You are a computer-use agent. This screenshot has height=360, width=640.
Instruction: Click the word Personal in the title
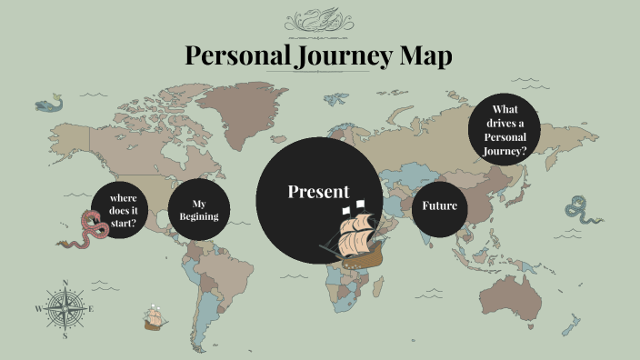(237, 55)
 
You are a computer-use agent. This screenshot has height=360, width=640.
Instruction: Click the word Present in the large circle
(318, 192)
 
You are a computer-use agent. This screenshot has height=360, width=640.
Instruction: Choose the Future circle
(440, 205)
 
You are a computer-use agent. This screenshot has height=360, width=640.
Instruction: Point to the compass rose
(65, 308)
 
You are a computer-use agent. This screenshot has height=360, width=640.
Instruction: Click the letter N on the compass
(65, 283)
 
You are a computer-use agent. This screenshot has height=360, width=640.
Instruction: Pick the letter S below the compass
(65, 335)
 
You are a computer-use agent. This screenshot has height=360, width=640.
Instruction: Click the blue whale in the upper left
(49, 104)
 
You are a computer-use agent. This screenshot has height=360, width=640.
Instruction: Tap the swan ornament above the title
(319, 19)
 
